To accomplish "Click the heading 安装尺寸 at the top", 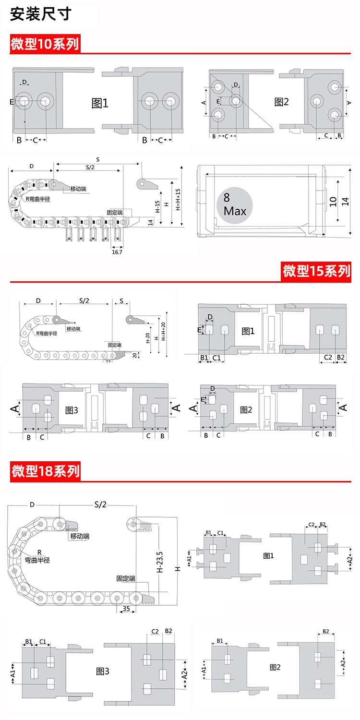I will pos(41,14).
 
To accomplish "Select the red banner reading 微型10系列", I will pos(45,44).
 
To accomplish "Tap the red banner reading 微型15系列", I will pos(317,271).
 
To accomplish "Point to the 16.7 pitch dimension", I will pos(117,252).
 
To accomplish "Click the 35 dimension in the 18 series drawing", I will pos(126,609).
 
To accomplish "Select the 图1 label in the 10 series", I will pos(100,103).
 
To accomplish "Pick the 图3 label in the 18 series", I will pos(102,671).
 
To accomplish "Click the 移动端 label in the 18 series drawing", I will pos(80,536).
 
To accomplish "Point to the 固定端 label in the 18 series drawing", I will pos(126,579).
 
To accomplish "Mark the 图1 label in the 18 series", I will pos(269,555).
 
